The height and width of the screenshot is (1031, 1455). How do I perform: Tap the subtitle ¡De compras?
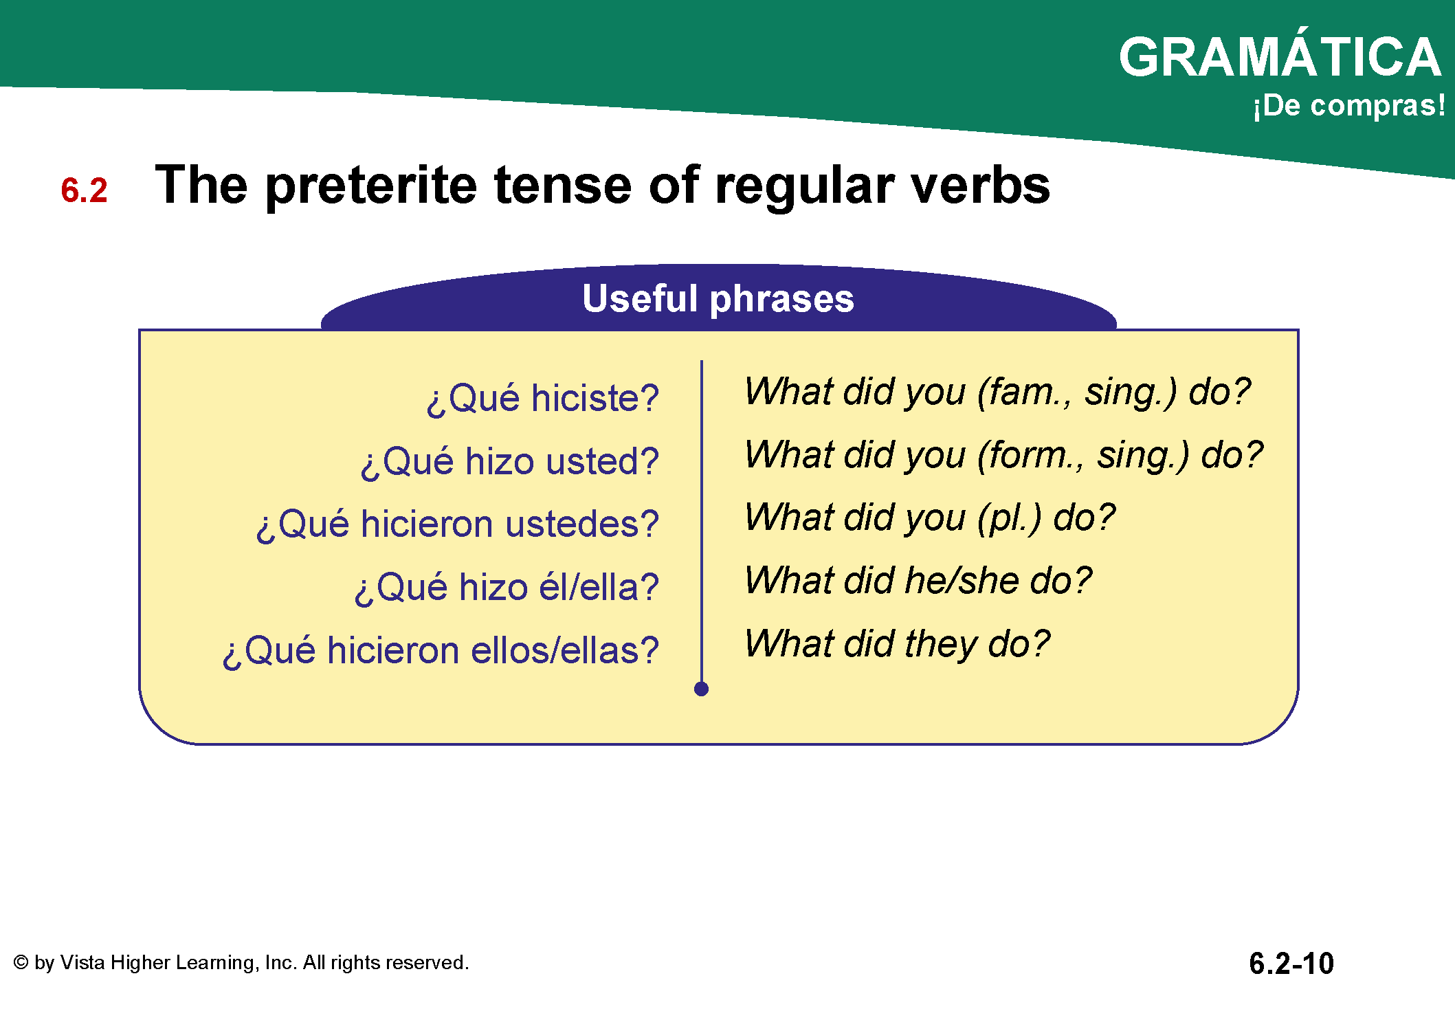click(x=1349, y=106)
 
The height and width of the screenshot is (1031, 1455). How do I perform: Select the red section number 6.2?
click(x=84, y=190)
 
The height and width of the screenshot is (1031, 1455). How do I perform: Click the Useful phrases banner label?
click(x=718, y=298)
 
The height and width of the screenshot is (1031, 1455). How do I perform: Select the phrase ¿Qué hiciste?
click(x=543, y=399)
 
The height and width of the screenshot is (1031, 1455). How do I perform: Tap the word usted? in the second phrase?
click(x=603, y=461)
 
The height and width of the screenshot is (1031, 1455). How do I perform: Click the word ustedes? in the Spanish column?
click(x=582, y=524)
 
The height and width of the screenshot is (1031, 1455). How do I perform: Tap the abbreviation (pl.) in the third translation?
click(x=1010, y=518)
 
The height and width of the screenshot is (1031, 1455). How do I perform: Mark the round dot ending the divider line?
click(x=701, y=689)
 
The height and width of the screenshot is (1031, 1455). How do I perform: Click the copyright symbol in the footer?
click(x=21, y=962)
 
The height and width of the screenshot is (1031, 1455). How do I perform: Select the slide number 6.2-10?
click(x=1291, y=964)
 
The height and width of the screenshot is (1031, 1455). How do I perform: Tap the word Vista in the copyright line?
click(x=82, y=962)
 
